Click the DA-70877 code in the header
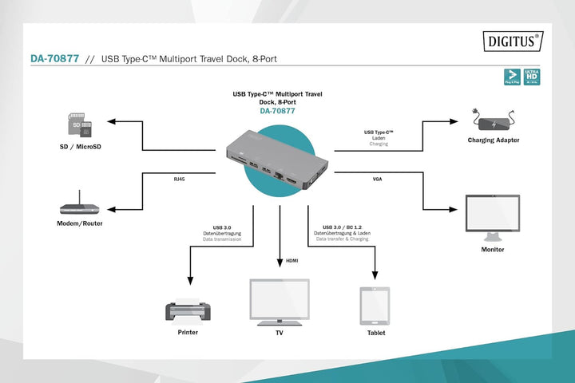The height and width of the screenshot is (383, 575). pyautogui.click(x=54, y=59)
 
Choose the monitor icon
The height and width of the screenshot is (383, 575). pyautogui.click(x=492, y=215)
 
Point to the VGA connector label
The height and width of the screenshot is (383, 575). pyautogui.click(x=377, y=179)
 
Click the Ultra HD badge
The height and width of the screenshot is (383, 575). pyautogui.click(x=531, y=77)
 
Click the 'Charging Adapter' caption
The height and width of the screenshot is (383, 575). pyautogui.click(x=494, y=140)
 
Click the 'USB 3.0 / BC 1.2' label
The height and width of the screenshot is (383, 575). pyautogui.click(x=342, y=227)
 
